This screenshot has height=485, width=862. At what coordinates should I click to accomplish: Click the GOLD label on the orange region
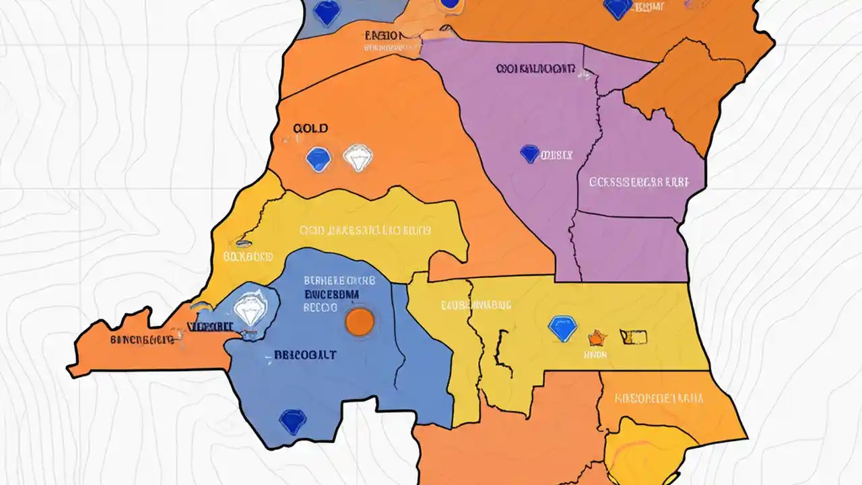311,128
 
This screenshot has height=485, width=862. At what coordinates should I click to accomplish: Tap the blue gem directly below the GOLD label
318,159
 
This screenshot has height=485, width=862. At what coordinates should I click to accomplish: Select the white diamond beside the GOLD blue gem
357,158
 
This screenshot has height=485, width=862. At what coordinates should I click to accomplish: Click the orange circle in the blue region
359,321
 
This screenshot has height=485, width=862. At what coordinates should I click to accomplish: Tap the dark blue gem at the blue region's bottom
292,421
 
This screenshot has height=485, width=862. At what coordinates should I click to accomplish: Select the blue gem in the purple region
530,154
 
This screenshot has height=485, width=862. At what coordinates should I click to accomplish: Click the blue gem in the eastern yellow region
562,328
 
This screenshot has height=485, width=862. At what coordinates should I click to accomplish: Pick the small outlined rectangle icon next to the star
634,336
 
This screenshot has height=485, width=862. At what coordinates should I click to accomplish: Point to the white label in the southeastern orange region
659,398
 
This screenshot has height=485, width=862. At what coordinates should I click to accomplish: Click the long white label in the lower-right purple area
639,182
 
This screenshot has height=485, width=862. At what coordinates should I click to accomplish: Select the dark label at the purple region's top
535,69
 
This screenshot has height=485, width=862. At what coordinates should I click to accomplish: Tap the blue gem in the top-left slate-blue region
327,12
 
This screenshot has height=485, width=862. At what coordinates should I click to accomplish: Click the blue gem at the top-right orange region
618,8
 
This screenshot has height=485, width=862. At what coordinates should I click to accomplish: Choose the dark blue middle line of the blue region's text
331,294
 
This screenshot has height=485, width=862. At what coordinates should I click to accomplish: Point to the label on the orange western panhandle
141,339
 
